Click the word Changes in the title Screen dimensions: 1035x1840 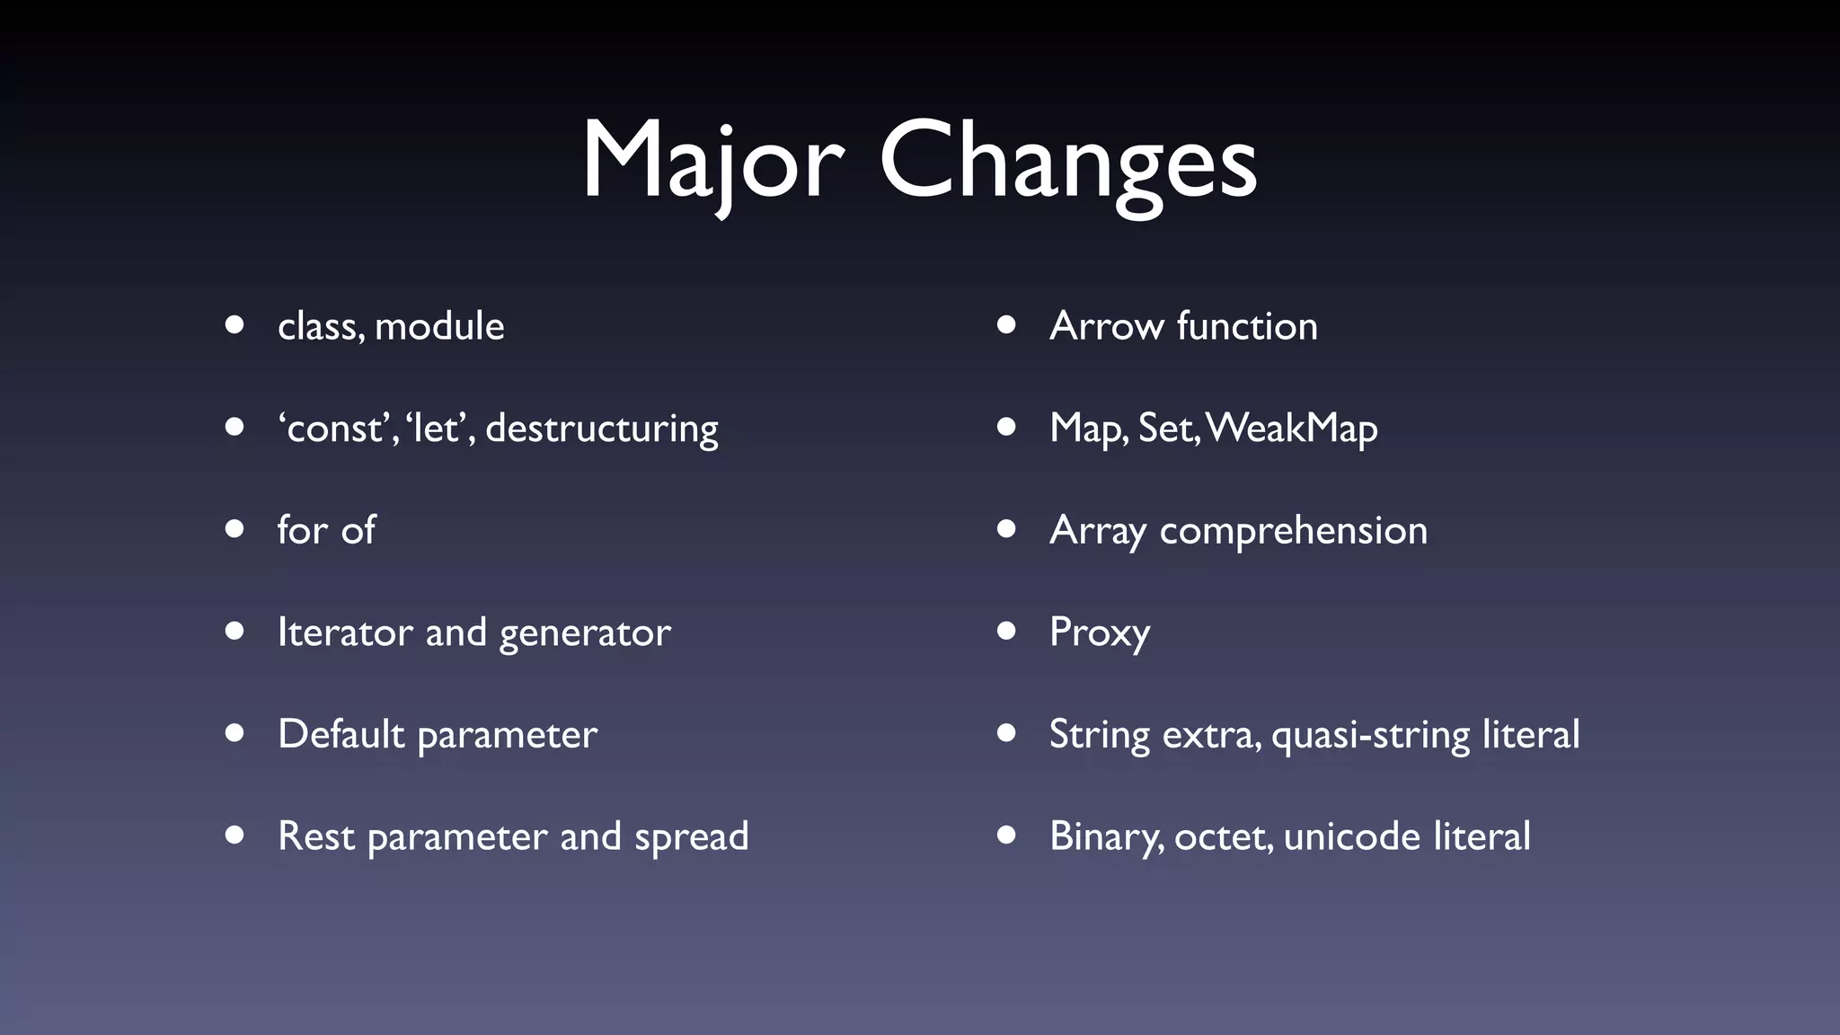[1068, 162]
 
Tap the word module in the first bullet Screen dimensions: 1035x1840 [439, 326]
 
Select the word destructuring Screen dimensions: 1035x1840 [602, 429]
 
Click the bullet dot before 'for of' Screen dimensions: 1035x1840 [234, 529]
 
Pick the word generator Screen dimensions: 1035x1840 [585, 633]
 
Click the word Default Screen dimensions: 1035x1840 [341, 734]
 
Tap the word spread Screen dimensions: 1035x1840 [691, 837]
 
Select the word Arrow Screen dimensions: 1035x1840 [1106, 326]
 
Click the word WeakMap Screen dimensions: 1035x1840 [1292, 429]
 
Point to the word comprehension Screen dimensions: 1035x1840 [1293, 531]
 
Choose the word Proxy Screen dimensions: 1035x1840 [1099, 632]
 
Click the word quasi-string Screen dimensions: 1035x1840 [1370, 735]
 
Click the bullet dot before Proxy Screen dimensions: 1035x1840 [1006, 631]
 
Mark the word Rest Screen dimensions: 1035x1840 [316, 836]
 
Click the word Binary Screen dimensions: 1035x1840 [1106, 836]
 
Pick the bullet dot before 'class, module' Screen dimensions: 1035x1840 [234, 324]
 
